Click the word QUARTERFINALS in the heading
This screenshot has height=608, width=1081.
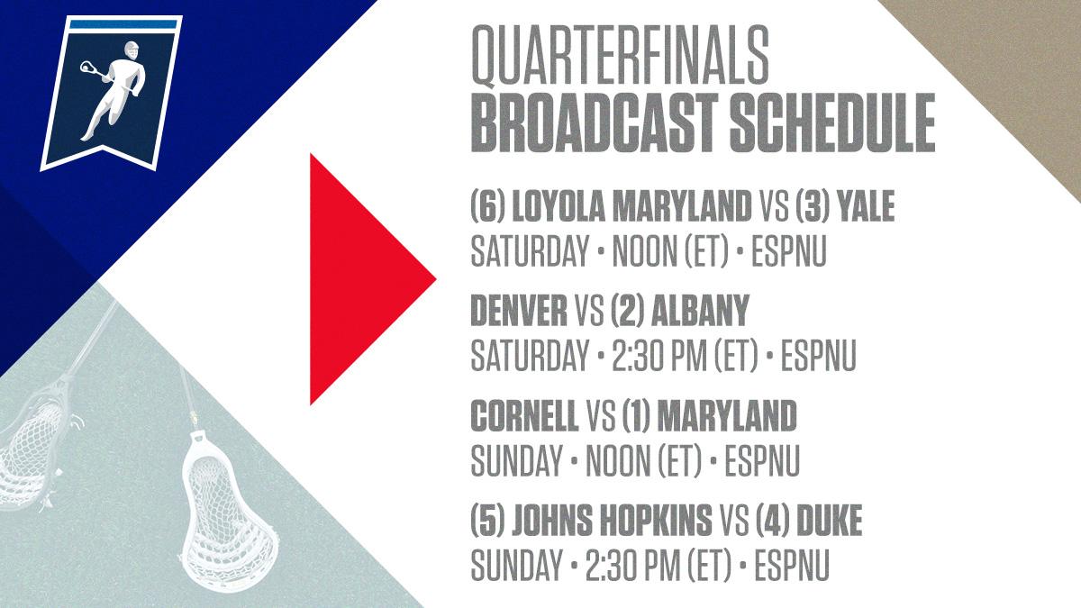619,56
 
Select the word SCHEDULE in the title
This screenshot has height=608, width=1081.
832,123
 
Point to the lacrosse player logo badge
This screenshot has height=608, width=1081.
112,93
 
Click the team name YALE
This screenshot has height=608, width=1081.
867,205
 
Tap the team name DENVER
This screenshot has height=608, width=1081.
519,309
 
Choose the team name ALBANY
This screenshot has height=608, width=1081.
700,309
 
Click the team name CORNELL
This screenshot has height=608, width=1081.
524,414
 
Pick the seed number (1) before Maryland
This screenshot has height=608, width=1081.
637,414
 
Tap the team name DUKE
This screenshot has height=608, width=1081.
830,519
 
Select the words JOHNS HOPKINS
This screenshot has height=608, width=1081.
612,519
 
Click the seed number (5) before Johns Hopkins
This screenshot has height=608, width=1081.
487,519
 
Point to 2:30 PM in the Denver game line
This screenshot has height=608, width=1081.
659,356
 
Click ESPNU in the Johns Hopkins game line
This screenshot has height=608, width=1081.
792,565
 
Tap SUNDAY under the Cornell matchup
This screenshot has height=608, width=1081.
516,460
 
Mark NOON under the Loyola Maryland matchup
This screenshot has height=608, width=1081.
644,251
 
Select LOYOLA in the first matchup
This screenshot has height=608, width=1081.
558,205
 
